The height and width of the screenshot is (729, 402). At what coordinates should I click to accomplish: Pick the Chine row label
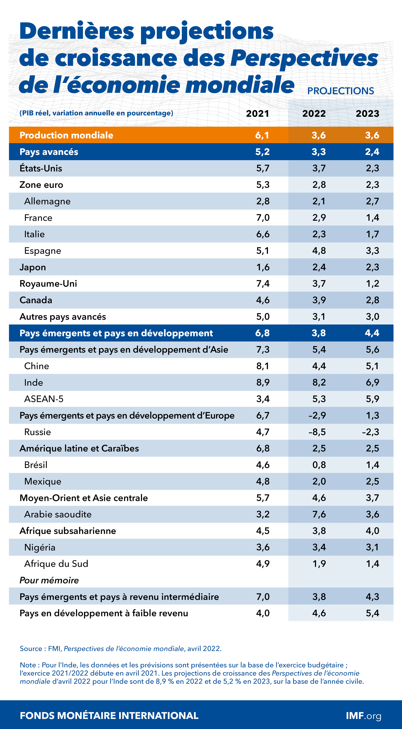(36, 366)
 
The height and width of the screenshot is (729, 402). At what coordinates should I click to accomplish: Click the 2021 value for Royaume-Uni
(263, 284)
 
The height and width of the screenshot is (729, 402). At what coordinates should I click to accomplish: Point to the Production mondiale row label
(66, 135)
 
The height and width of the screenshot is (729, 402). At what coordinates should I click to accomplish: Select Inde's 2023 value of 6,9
(372, 382)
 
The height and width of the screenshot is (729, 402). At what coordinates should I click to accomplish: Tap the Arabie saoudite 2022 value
(319, 514)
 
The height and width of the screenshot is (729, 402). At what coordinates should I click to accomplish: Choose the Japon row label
(33, 267)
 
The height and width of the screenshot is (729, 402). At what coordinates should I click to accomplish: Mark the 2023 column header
(367, 114)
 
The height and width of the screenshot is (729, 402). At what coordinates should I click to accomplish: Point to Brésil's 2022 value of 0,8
(319, 465)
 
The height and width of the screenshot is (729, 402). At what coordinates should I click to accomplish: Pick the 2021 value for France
(263, 218)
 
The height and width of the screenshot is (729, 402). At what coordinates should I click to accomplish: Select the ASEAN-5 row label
(44, 399)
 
